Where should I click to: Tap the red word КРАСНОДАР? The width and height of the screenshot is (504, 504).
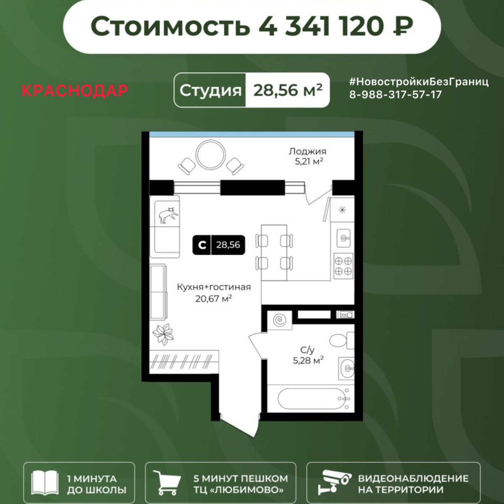(x=74, y=91)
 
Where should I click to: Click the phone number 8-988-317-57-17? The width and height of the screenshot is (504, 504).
(x=395, y=95)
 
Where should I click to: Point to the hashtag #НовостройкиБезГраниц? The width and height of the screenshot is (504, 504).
(x=419, y=82)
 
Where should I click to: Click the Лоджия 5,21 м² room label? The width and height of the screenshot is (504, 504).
(x=307, y=156)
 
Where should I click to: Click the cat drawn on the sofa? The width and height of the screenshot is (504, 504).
(x=168, y=215)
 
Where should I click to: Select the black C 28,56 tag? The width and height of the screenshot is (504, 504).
(x=219, y=244)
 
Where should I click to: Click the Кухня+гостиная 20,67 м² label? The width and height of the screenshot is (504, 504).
(x=214, y=292)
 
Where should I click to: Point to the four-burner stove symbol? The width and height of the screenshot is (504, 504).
(x=343, y=266)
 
